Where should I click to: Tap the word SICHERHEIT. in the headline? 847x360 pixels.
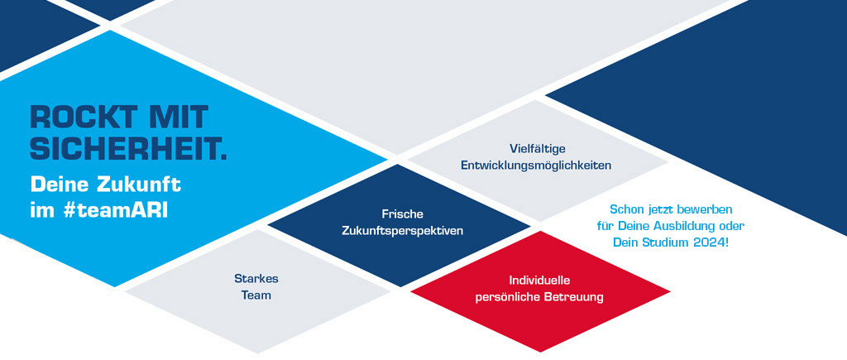pyautogui.click(x=128, y=149)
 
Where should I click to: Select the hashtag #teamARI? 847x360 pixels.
pyautogui.click(x=115, y=211)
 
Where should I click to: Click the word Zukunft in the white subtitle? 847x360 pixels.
pyautogui.click(x=138, y=185)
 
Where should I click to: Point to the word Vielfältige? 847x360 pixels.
pyautogui.click(x=537, y=147)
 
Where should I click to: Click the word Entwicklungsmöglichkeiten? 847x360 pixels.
pyautogui.click(x=536, y=166)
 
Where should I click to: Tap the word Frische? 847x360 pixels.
pyautogui.click(x=403, y=214)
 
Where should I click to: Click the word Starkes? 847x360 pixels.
pyautogui.click(x=256, y=278)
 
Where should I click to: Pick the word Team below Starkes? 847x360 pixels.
pyautogui.click(x=256, y=295)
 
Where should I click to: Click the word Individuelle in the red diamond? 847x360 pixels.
pyautogui.click(x=539, y=280)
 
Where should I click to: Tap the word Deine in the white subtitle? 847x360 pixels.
pyautogui.click(x=60, y=185)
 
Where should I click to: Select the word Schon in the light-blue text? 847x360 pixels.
pyautogui.click(x=625, y=209)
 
